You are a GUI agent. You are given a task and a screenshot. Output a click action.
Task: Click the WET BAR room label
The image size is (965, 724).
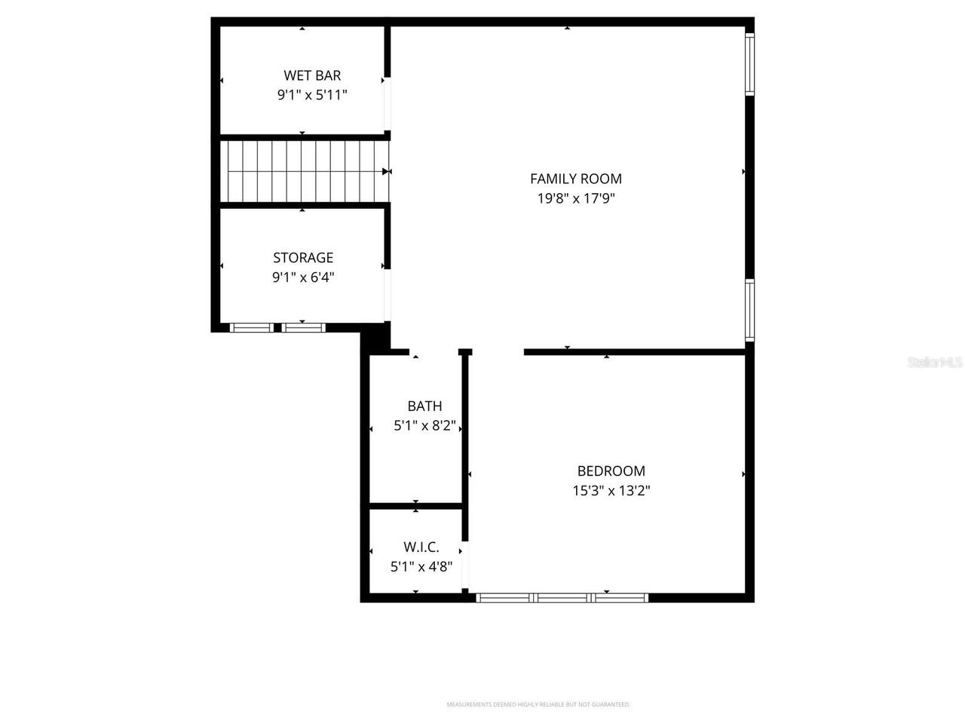pyautogui.click(x=312, y=75)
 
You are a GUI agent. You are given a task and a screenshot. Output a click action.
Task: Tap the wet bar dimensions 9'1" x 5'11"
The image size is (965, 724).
pyautogui.click(x=312, y=95)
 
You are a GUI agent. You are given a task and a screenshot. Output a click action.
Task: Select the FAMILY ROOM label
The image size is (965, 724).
pyautogui.click(x=576, y=179)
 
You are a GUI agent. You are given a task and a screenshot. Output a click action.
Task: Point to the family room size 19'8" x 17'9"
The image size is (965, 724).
pyautogui.click(x=576, y=198)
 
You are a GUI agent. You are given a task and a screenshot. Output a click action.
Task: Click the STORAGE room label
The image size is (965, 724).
pyautogui.click(x=303, y=258)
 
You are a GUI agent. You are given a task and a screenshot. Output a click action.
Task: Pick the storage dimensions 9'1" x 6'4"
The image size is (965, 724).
pyautogui.click(x=303, y=278)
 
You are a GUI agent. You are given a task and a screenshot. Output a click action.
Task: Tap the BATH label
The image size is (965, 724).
pyautogui.click(x=424, y=406)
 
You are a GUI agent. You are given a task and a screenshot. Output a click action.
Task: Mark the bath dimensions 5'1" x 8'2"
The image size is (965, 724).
pyautogui.click(x=424, y=426)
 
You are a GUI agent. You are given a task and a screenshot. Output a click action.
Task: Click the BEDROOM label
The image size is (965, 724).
pyautogui.click(x=611, y=471)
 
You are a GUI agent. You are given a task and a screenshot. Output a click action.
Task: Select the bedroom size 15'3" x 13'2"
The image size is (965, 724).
pyautogui.click(x=611, y=491)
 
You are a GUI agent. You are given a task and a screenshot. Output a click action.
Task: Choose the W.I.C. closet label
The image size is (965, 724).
pyautogui.click(x=421, y=548)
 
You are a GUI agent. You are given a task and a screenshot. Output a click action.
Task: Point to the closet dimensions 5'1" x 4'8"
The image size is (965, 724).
pyautogui.click(x=421, y=567)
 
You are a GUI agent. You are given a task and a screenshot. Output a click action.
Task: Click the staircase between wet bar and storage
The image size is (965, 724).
pyautogui.click(x=305, y=171)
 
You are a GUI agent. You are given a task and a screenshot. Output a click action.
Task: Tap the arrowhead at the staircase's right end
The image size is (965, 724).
pyautogui.click(x=386, y=171)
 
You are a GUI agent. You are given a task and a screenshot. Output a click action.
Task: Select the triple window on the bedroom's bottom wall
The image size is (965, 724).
pyautogui.click(x=562, y=597)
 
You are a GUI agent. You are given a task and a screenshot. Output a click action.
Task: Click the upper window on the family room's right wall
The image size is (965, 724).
pyautogui.click(x=750, y=65)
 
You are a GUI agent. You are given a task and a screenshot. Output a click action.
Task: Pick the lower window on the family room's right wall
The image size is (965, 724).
pyautogui.click(x=750, y=310)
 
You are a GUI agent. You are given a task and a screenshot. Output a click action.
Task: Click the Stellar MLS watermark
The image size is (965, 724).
pyautogui.click(x=935, y=362)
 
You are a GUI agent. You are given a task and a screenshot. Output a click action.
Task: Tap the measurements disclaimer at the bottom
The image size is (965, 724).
pyautogui.click(x=538, y=704)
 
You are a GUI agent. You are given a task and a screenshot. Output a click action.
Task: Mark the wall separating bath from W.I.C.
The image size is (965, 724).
pyautogui.click(x=415, y=505)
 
